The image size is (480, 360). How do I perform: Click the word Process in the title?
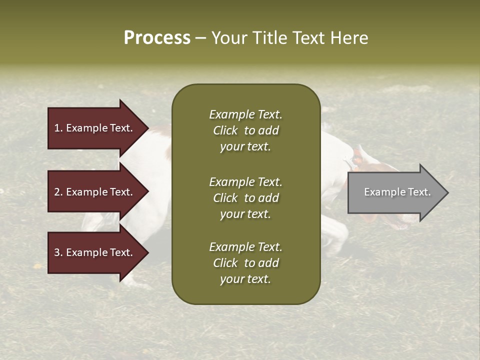(157, 38)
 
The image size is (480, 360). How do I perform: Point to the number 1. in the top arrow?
(58, 128)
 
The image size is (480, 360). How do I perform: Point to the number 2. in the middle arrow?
(58, 192)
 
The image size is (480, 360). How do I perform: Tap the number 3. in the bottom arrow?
(58, 252)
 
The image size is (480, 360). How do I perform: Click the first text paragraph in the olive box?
(245, 130)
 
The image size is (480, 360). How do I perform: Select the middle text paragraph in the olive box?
(245, 198)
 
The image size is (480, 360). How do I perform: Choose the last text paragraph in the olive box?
(245, 263)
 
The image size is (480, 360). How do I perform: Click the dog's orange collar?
(357, 156)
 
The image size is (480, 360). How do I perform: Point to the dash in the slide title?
(200, 38)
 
